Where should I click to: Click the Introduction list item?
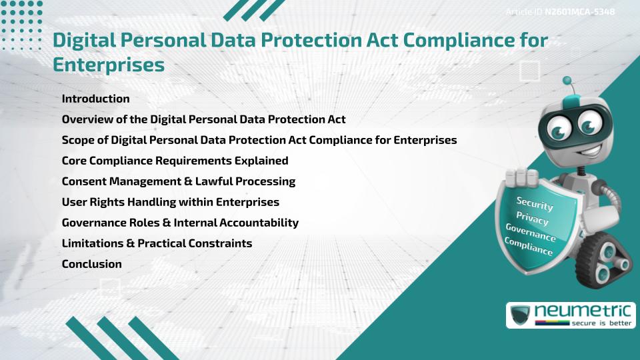pyautogui.click(x=95, y=99)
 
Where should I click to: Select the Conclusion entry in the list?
pyautogui.click(x=91, y=264)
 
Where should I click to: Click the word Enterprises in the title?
pyautogui.click(x=108, y=65)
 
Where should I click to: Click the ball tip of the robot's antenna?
pyautogui.click(x=567, y=81)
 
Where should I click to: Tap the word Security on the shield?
pyautogui.click(x=535, y=204)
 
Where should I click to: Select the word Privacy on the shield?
pyautogui.click(x=532, y=219)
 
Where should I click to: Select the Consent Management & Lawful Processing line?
pyautogui.click(x=178, y=181)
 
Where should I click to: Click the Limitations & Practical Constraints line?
pyautogui.click(x=157, y=243)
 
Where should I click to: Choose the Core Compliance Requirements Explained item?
pyautogui.click(x=175, y=161)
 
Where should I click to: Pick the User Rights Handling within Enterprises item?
pyautogui.click(x=170, y=202)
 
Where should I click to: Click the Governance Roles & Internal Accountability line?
pyautogui.click(x=180, y=223)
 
